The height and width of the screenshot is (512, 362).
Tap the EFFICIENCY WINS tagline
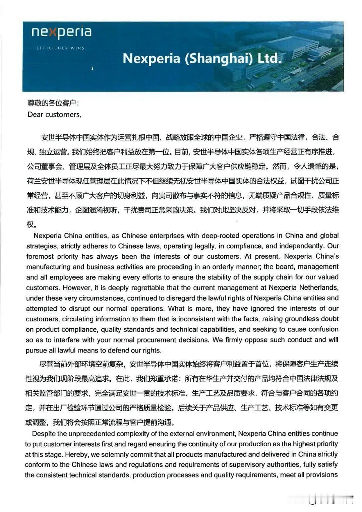pos(60,48)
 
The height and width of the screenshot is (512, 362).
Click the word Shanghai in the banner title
pos(219,58)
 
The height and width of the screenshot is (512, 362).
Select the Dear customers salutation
pos(54,115)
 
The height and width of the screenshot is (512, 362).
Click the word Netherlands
pos(319,288)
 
